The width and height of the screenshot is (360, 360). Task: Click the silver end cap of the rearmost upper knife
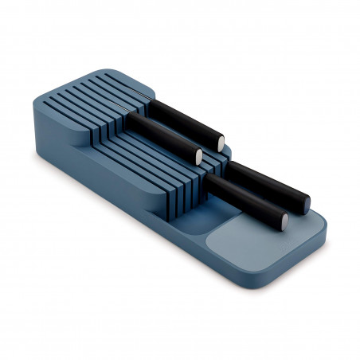point(221,142)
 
